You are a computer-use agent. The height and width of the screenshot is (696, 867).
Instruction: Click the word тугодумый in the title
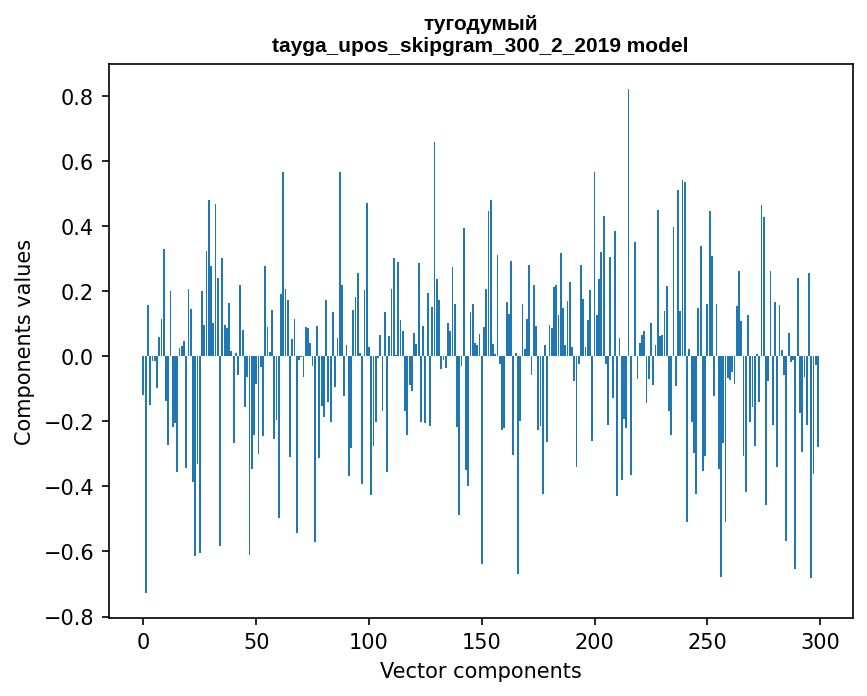[x=480, y=23]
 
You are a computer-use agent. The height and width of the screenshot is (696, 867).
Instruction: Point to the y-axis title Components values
[x=23, y=342]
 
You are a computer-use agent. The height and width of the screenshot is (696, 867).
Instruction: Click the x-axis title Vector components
[x=480, y=670]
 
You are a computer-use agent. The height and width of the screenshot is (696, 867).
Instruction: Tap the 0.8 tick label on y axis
[x=76, y=97]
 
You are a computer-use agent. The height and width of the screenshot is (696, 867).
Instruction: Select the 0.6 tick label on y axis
[x=76, y=162]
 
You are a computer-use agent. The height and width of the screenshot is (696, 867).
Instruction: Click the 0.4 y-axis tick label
[x=76, y=227]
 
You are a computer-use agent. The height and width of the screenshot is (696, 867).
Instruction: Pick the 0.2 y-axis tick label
[x=76, y=292]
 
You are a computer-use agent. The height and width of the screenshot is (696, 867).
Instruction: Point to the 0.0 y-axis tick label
[x=76, y=357]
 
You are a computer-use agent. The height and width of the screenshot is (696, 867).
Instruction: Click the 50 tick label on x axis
[x=256, y=640]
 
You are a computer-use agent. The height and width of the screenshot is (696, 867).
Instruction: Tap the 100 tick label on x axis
[x=369, y=640]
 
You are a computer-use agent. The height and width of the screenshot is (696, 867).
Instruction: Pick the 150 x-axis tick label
[x=482, y=640]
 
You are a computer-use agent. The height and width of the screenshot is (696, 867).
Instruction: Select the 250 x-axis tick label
[x=708, y=640]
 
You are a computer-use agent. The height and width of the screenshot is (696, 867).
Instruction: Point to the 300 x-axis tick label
[x=820, y=640]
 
